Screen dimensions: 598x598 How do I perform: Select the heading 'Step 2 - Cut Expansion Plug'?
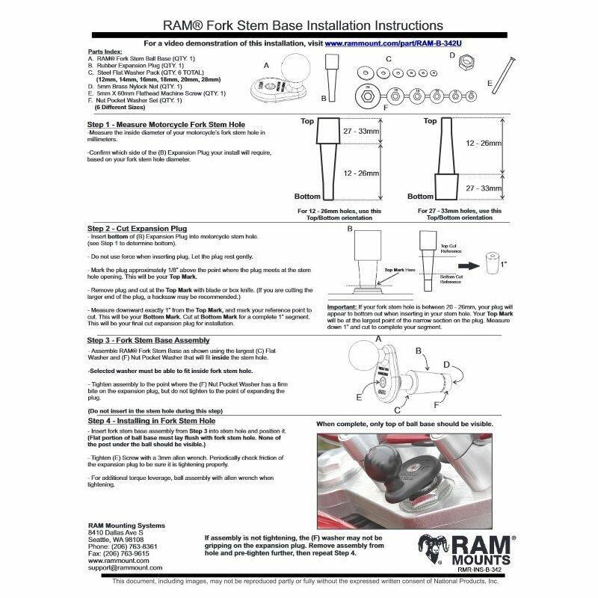click(138, 228)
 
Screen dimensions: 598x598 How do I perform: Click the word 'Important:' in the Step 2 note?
click(345, 307)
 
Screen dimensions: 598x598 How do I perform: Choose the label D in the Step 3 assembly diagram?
click(446, 363)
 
